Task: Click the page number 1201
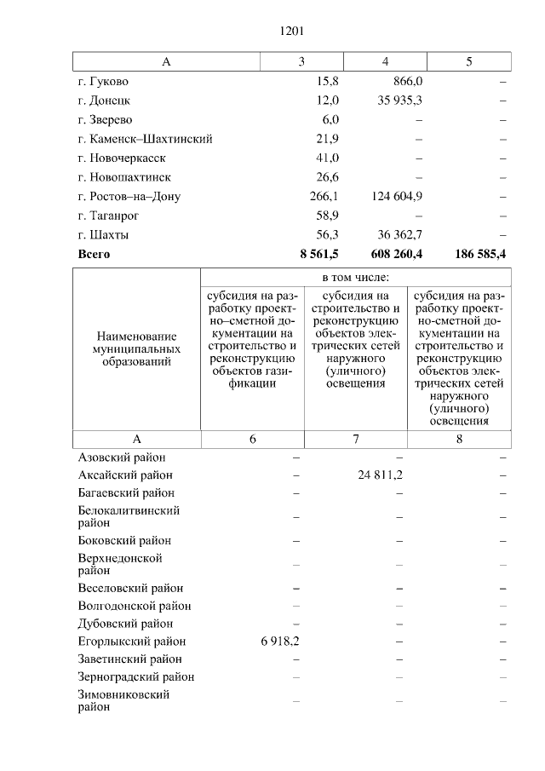point(291,32)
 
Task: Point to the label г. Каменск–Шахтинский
point(145,139)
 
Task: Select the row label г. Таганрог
point(108,216)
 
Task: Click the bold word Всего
point(94,254)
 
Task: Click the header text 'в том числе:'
point(355,278)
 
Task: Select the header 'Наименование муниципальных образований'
point(137,349)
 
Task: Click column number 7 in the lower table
point(355,439)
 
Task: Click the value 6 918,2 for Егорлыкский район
point(276,642)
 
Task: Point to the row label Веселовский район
point(130,588)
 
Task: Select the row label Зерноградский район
point(135,677)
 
